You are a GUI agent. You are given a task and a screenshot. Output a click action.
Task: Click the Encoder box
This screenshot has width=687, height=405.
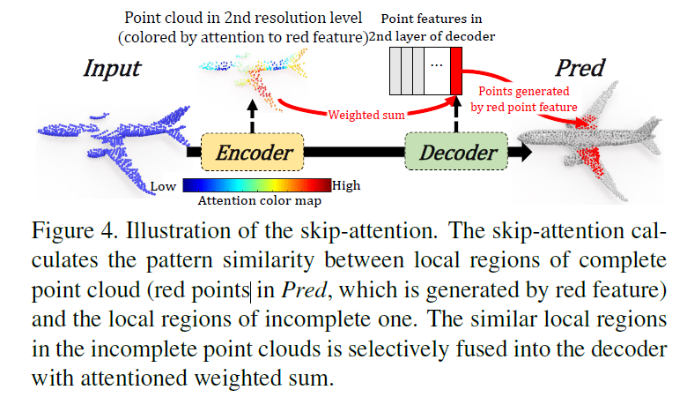253,154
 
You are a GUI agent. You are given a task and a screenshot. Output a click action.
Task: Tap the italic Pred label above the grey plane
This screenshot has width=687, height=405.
579,68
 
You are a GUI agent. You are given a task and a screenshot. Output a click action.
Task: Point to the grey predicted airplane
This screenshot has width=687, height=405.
599,137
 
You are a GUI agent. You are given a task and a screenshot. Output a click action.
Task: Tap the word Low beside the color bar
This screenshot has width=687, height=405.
164,186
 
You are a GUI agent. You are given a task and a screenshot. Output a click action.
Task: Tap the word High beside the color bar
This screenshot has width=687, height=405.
346,186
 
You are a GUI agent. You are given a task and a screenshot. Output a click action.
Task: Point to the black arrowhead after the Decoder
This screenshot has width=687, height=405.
522,154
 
